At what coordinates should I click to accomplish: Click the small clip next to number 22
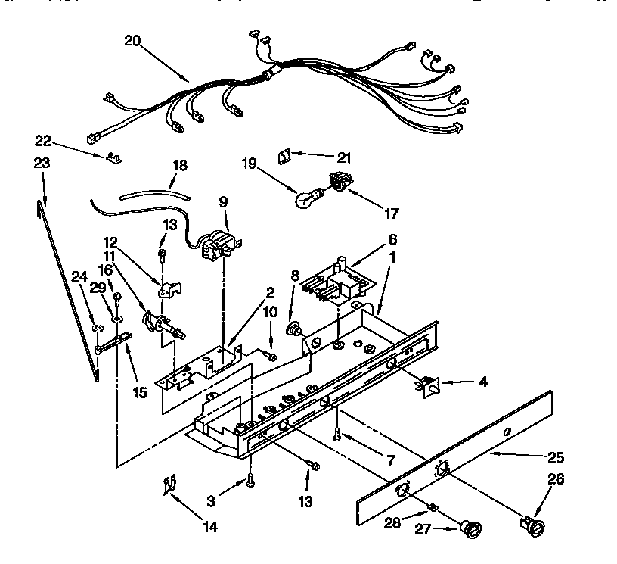114,157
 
